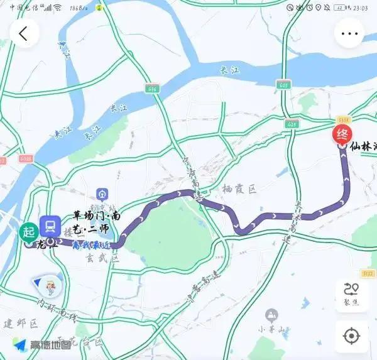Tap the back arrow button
(24, 33)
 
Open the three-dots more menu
(349, 33)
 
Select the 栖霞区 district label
(239, 188)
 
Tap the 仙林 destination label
(363, 147)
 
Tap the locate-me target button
(351, 336)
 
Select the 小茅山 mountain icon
(271, 314)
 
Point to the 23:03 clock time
(360, 8)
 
